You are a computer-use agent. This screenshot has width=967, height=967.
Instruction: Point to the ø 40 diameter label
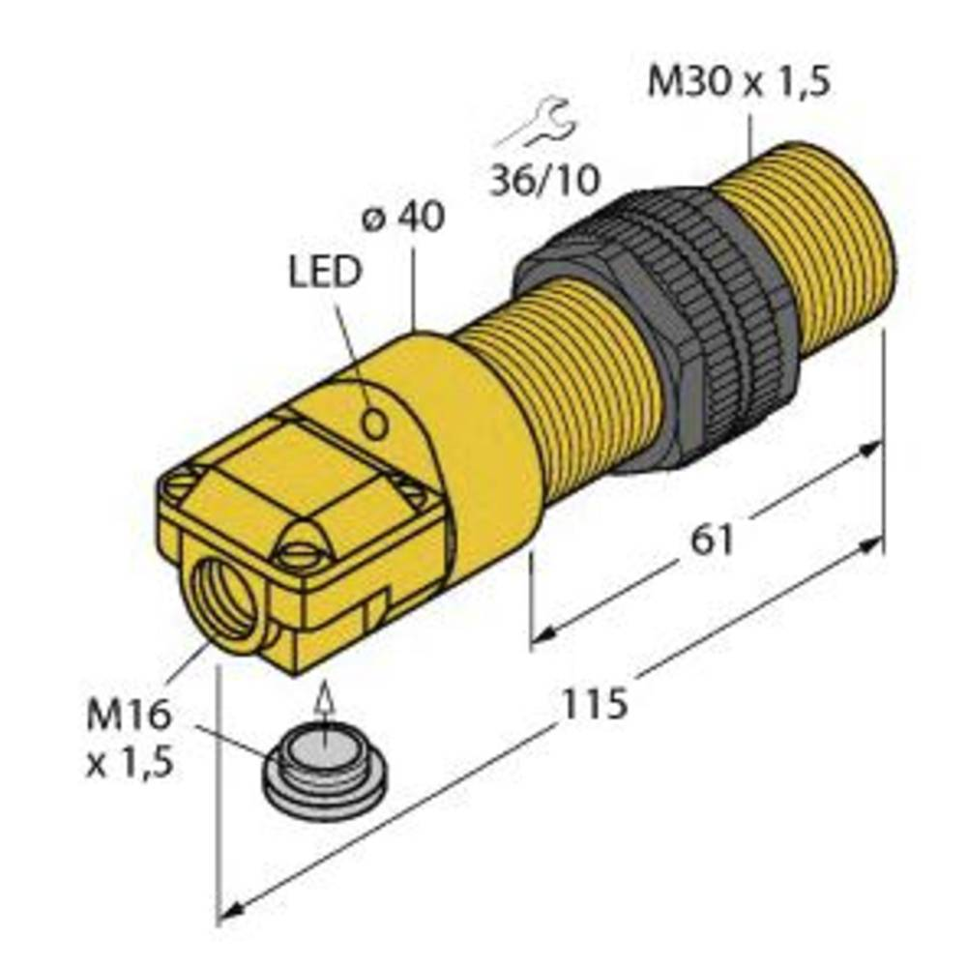403,219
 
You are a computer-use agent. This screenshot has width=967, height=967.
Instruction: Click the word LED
324,274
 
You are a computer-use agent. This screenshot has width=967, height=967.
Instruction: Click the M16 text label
129,717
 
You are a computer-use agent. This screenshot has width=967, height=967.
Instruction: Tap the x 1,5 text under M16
129,763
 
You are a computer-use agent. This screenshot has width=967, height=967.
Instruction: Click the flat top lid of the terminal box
290,474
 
